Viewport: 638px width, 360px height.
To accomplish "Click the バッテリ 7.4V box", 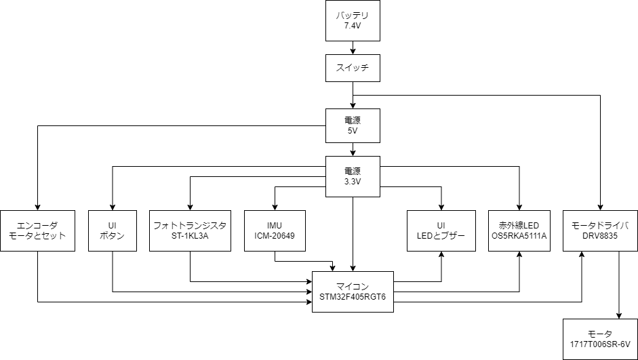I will coord(352,20).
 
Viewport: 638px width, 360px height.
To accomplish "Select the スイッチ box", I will coord(352,68).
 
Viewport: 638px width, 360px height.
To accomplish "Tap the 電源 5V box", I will coord(352,125).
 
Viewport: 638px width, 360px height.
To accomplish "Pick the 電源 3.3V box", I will coord(352,177).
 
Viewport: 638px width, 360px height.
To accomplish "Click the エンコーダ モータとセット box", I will coord(37,231).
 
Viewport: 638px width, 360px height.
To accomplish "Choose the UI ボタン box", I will coord(112,231).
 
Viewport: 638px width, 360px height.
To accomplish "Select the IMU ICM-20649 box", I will coord(275,231).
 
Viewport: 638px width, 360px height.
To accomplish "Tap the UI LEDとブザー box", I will coord(441,231).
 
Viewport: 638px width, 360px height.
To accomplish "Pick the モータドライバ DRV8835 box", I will coord(600,231).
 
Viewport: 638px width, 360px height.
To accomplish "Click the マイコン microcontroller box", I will coord(353,292).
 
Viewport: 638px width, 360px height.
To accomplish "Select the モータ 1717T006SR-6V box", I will coord(600,339).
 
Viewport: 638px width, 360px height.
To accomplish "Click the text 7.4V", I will coord(352,26).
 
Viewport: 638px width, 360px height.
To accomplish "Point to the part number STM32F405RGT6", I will coord(353,298).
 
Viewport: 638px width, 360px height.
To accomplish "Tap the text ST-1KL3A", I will coord(190,237).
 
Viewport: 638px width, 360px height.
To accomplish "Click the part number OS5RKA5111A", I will coord(519,237).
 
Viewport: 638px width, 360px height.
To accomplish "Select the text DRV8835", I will coord(600,237).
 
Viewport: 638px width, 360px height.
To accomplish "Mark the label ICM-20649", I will coord(275,237).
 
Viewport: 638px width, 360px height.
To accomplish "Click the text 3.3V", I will coord(352,182).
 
